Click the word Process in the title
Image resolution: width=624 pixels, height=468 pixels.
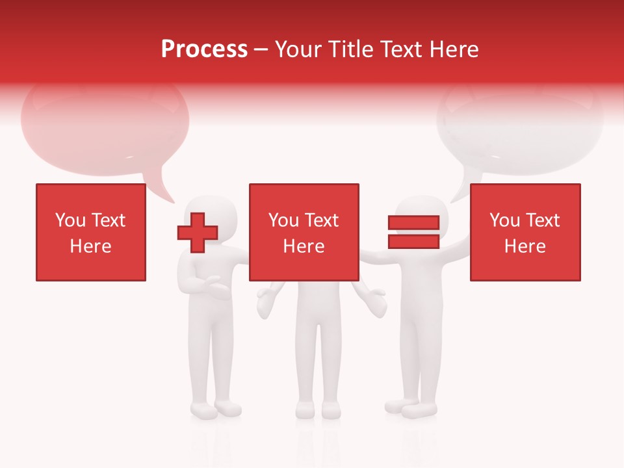point(204,49)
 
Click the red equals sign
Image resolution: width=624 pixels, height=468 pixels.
point(413,232)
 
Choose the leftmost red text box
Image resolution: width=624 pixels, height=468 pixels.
point(91,232)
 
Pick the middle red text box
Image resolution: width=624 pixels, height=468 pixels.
point(304,232)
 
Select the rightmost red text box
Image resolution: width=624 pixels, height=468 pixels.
point(525,232)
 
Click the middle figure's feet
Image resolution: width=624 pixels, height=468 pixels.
point(318,409)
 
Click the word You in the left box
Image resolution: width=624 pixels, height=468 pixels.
point(70,220)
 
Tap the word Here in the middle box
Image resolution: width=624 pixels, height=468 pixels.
point(304,246)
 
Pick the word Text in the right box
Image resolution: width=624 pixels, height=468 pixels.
point(543,220)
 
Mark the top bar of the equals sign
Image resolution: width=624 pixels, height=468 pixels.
point(413,223)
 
